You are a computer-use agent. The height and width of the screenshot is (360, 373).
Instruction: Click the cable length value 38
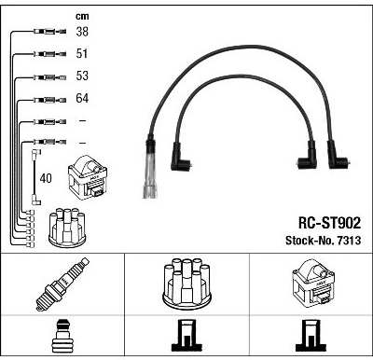(x=82, y=32)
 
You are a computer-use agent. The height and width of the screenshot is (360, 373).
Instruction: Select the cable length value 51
(x=82, y=53)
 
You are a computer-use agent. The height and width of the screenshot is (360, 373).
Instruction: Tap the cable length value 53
(x=82, y=76)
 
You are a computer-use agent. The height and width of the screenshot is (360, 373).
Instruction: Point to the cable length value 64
(x=82, y=98)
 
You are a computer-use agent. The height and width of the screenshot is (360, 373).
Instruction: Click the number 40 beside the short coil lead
(x=46, y=178)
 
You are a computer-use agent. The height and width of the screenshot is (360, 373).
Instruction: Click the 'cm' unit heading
(x=82, y=16)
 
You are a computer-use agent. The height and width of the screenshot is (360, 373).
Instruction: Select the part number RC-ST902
(x=329, y=223)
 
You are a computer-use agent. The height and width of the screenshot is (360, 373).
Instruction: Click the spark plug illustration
(x=62, y=284)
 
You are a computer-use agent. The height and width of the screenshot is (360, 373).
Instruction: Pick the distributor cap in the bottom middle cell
(x=186, y=284)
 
